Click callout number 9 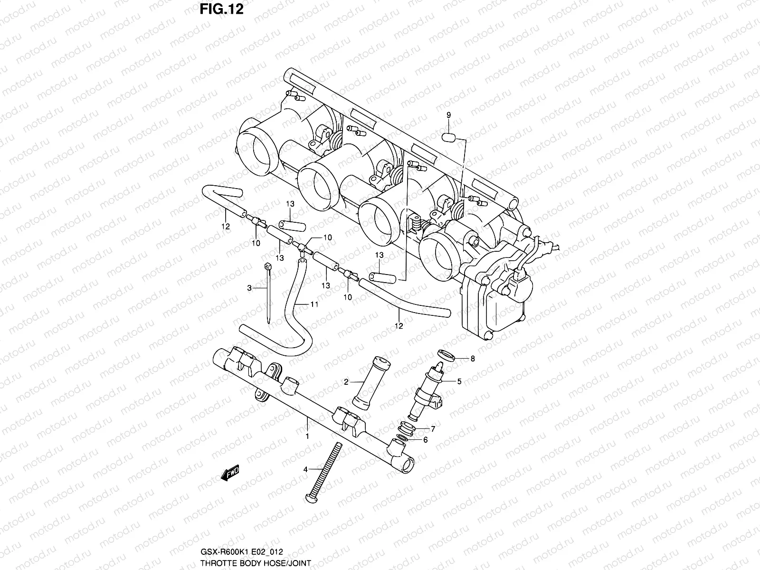[x=448, y=115]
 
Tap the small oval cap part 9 [x=448, y=138]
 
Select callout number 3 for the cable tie [x=249, y=287]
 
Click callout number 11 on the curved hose [x=314, y=304]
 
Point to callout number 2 [x=346, y=381]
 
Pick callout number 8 [x=472, y=359]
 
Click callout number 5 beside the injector [x=459, y=380]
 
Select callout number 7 [x=433, y=428]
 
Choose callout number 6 [x=425, y=440]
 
